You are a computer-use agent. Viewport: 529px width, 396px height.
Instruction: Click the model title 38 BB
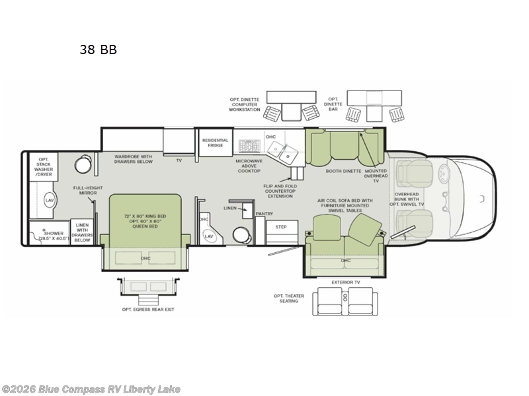[x=98, y=49]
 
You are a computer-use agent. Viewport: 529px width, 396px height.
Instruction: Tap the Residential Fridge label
[x=215, y=143]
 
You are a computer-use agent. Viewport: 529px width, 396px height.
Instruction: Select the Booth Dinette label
[x=343, y=171]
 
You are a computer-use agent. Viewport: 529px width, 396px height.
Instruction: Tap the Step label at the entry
[x=280, y=226]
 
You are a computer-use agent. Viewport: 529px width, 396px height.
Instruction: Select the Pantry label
[x=264, y=214]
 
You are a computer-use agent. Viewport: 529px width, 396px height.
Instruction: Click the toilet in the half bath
[x=240, y=236]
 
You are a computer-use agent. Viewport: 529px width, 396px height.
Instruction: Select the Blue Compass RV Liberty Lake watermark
[x=91, y=389]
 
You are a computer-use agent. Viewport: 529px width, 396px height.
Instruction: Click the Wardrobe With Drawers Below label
[x=124, y=160]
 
